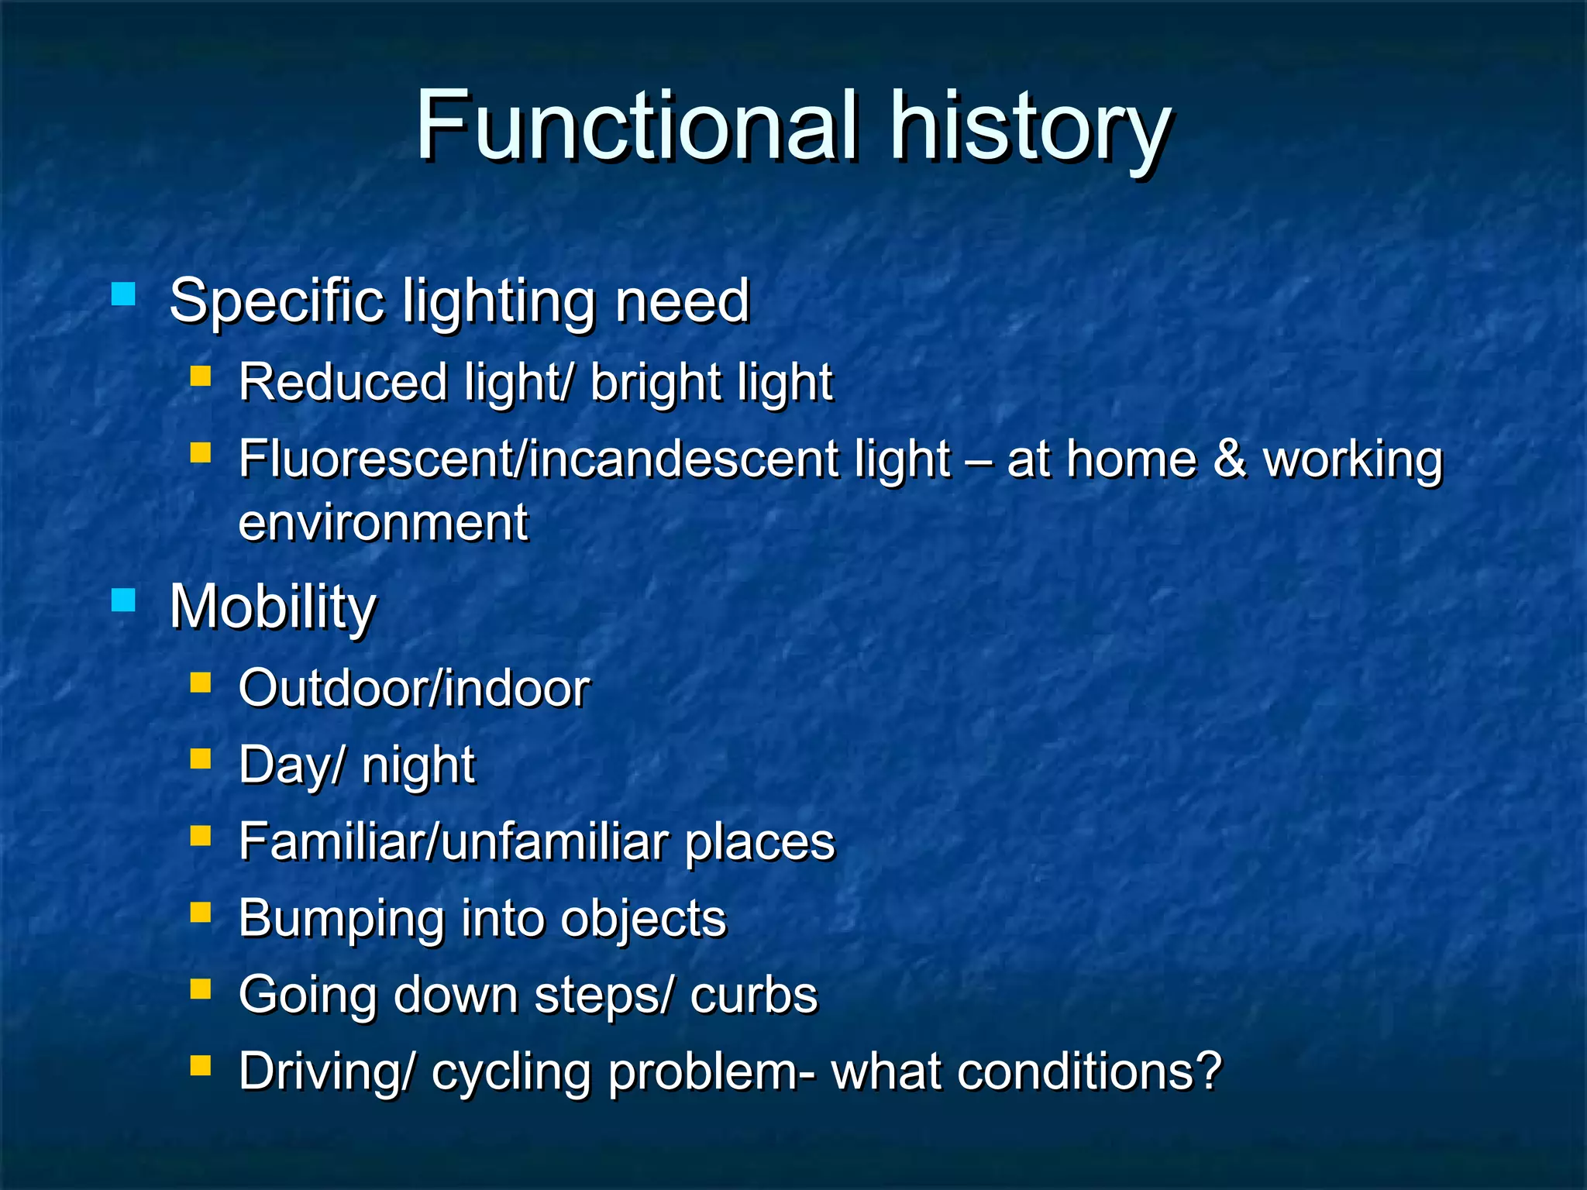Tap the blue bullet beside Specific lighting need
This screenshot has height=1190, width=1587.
point(123,294)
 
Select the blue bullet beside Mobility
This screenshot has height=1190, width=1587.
point(123,600)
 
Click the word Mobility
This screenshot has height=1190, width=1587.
point(273,607)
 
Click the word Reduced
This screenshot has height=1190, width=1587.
point(343,383)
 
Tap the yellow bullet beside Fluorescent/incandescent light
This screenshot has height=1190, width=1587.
point(201,452)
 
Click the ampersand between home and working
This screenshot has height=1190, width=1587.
point(1229,459)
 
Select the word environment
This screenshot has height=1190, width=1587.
point(383,523)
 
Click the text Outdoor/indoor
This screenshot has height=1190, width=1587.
point(414,688)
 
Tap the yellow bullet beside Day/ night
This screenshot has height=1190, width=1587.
point(201,758)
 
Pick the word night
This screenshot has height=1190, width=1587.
point(418,766)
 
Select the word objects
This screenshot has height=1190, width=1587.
point(643,920)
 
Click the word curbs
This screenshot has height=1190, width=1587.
point(753,996)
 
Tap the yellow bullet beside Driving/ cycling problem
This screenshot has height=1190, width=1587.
point(201,1065)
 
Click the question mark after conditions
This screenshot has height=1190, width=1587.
point(1208,1071)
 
